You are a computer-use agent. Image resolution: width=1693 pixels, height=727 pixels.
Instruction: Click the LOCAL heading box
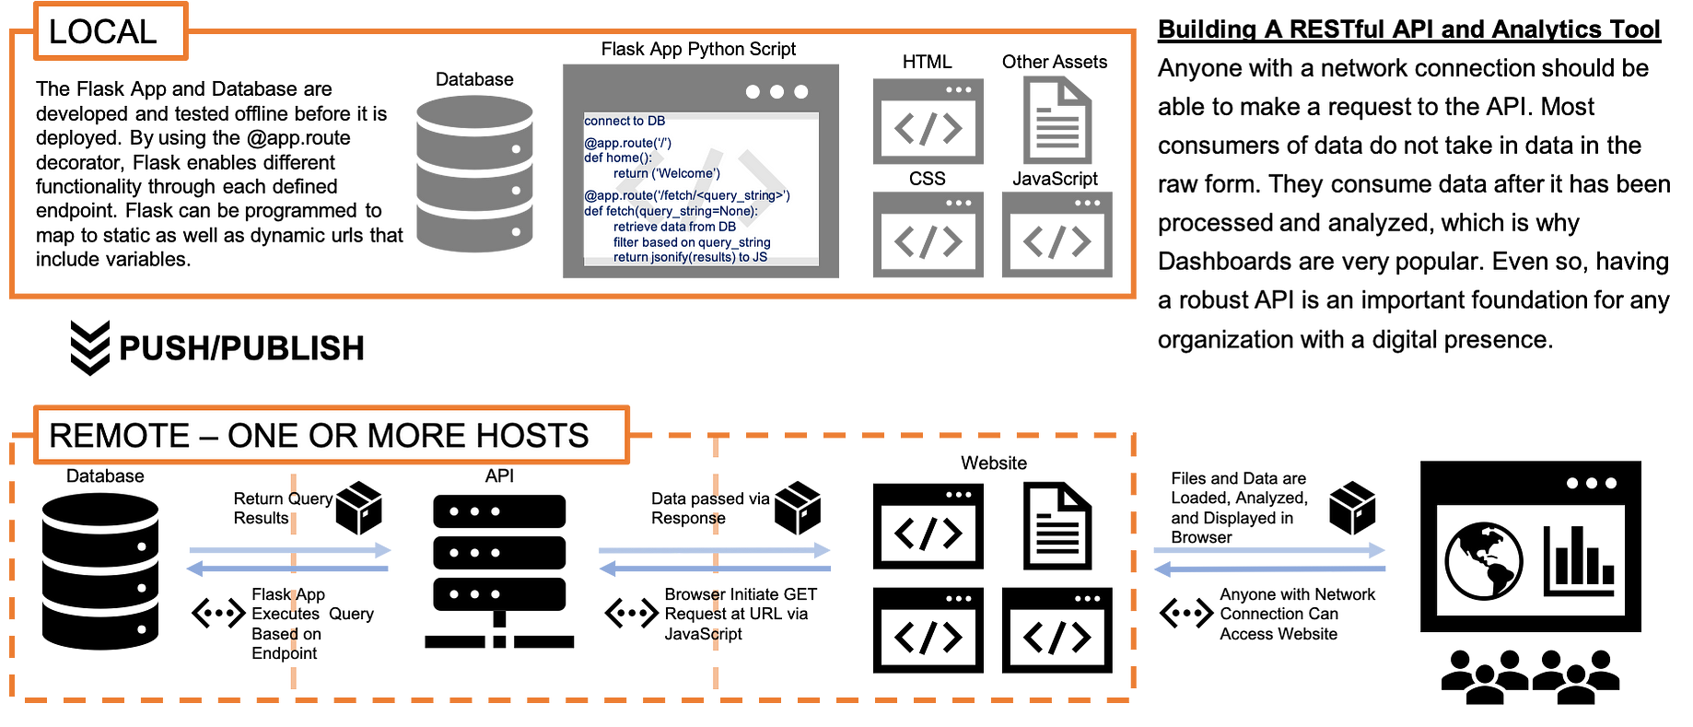coord(111,31)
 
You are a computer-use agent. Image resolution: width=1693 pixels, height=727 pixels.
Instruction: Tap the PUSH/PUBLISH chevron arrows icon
coord(90,347)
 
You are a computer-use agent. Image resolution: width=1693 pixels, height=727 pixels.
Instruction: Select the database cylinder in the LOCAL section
coord(474,174)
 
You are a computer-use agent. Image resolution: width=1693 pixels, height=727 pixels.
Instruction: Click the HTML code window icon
coord(928,121)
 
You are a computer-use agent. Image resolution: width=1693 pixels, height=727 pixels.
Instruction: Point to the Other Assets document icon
coord(1057,120)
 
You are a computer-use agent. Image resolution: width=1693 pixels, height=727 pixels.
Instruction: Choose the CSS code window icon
coord(928,234)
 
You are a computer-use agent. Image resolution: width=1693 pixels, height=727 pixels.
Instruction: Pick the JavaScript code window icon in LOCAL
coord(1057,234)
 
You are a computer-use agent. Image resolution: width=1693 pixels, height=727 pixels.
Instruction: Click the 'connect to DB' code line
coord(625,121)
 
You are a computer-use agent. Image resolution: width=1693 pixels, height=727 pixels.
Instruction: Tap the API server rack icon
coord(499,571)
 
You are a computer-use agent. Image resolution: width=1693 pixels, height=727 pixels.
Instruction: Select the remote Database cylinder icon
coord(100,571)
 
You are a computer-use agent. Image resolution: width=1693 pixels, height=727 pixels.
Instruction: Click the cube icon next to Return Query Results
coord(359,508)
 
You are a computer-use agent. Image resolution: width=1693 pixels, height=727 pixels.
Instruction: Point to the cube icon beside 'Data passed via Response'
coord(798,508)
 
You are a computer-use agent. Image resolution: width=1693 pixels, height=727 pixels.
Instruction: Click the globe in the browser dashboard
coord(1484,561)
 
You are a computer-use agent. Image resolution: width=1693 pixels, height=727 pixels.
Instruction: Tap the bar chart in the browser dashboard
coord(1579,560)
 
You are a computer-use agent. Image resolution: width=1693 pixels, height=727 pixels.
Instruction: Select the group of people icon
coord(1530,677)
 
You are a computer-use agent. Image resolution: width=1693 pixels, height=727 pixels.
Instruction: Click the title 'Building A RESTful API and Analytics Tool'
coord(1409,29)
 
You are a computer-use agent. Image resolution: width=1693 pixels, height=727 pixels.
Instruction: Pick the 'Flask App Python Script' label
coord(698,49)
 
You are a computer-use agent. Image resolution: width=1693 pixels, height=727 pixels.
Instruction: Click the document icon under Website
coord(1057,526)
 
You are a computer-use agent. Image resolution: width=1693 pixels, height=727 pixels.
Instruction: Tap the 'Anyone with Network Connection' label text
coord(1297,615)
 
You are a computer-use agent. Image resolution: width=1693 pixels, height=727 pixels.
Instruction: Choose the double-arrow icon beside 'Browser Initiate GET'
coord(632,613)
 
